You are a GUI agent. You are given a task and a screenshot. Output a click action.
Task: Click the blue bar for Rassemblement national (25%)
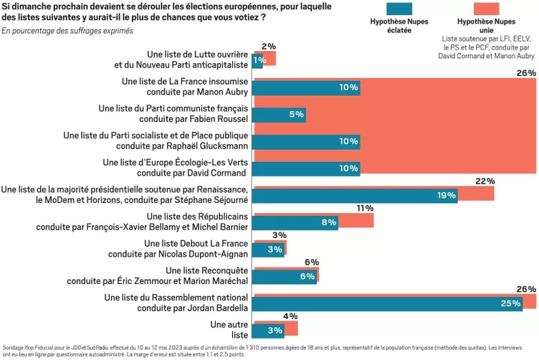pos(387,303)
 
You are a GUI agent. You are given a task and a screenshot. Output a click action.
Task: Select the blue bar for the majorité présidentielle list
pos(355,195)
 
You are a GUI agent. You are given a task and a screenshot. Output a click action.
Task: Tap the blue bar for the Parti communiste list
pos(279,114)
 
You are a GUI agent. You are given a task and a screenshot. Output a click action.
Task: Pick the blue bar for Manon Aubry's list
pos(306,87)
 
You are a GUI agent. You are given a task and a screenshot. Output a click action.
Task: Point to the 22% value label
pos(485,181)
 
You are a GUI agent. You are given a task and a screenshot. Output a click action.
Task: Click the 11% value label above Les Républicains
pos(364,208)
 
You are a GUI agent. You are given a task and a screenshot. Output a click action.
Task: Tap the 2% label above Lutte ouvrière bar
pos(269,47)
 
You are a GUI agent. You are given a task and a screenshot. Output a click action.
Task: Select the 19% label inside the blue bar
pos(446,195)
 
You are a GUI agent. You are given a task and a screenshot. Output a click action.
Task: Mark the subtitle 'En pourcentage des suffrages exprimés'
pos(67,31)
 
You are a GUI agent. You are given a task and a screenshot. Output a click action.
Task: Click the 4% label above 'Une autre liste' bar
pos(290,316)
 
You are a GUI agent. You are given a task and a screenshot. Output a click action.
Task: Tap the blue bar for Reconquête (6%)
pos(285,276)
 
